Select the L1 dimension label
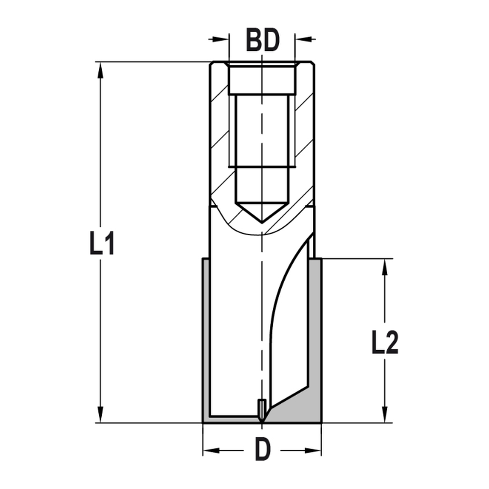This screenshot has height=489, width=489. (x=102, y=243)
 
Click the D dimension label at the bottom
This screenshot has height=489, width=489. (x=263, y=450)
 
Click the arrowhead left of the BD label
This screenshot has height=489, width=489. (x=222, y=38)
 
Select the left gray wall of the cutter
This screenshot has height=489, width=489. (x=206, y=337)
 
